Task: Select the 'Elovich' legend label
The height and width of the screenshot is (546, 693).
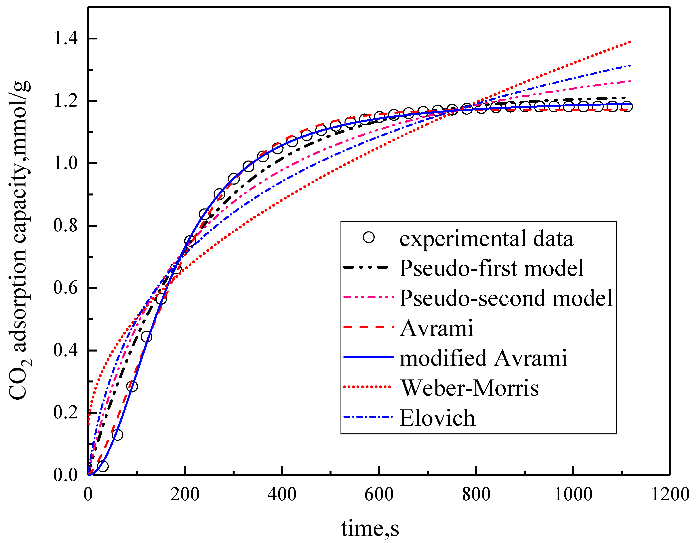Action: pos(437,418)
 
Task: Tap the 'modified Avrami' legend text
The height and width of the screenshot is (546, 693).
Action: pos(483,358)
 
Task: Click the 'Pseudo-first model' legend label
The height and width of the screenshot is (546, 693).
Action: pos(492,268)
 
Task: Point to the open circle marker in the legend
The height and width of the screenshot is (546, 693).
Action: pos(368,237)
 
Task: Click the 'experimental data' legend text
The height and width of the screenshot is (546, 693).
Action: pos(486,239)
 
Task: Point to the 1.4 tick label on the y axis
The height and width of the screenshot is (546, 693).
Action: pos(65,38)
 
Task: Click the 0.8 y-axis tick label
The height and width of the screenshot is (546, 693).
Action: pos(65,225)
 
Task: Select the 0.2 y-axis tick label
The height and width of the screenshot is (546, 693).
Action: pos(65,412)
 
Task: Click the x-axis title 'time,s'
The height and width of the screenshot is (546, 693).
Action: pos(370,528)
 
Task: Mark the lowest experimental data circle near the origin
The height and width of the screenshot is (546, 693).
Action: pos(102,466)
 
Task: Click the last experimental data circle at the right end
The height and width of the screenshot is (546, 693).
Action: pos(627,106)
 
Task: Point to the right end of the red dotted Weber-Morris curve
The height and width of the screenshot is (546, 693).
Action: pos(630,42)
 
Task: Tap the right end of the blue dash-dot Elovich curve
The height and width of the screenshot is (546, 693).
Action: pos(630,65)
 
